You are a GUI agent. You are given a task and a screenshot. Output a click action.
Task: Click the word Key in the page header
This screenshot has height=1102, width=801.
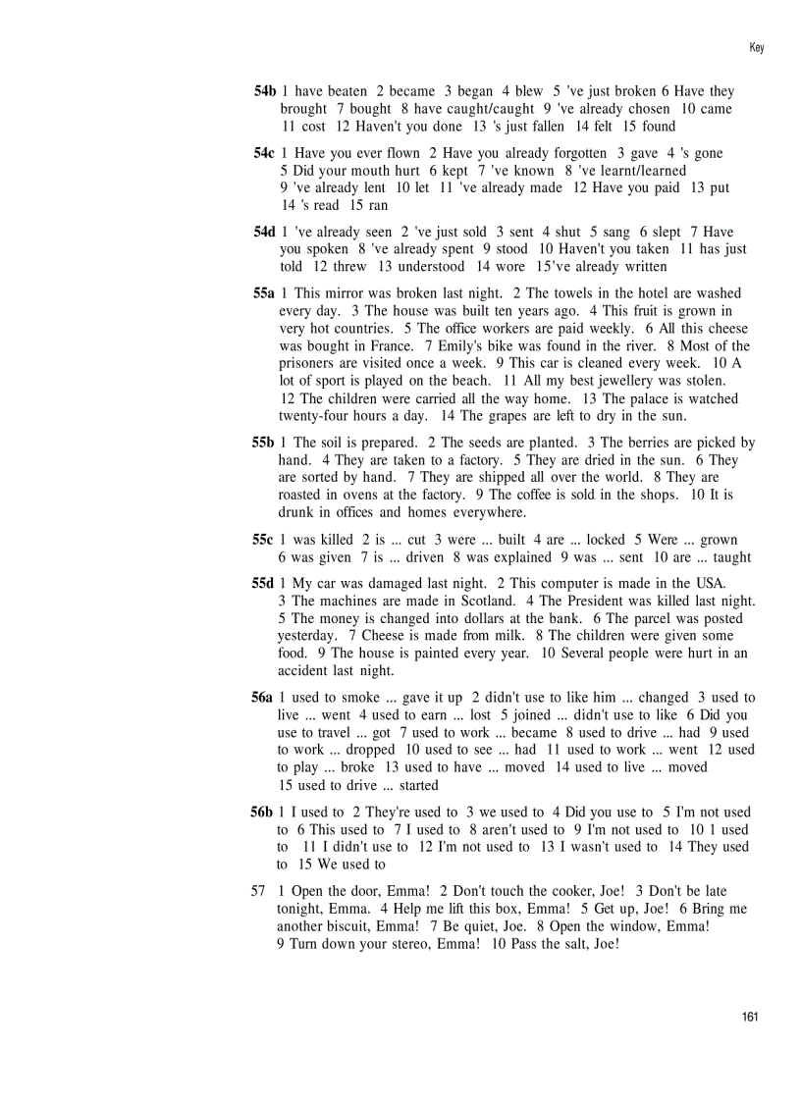pos(756,47)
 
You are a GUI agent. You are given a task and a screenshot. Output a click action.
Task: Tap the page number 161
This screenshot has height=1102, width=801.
pos(750,1017)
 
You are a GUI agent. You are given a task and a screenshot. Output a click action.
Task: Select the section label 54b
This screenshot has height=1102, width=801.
pos(264,91)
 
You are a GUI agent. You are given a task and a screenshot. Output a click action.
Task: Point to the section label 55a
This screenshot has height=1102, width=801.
pos(263,293)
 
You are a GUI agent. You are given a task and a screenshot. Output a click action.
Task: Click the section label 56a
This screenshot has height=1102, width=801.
pos(262,698)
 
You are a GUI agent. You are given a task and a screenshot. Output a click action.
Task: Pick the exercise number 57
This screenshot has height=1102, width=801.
pos(259,891)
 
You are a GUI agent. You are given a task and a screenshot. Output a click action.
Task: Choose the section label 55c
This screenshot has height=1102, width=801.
pos(262,540)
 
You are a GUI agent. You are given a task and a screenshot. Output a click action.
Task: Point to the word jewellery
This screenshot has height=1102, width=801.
pos(604,381)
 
